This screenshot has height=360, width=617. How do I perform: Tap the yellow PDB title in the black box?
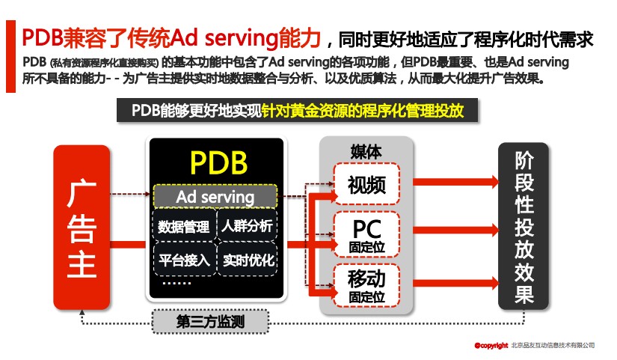(x=218, y=162)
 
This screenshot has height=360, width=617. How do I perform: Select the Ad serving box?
(x=215, y=197)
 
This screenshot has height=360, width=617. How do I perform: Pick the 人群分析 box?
(x=247, y=225)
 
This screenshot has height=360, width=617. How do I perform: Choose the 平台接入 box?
(x=183, y=260)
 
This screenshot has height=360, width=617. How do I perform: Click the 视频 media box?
(x=366, y=184)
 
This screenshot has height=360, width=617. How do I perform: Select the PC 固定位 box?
(x=366, y=234)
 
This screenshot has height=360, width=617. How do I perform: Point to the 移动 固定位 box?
(x=366, y=286)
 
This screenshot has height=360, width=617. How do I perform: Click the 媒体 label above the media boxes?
(x=366, y=150)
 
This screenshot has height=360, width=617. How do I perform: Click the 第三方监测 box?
(x=210, y=323)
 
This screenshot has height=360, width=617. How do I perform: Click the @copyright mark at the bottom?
(x=491, y=345)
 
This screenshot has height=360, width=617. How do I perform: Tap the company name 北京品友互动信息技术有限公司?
(x=553, y=345)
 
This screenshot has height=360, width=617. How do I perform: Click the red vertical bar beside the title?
(x=10, y=57)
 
